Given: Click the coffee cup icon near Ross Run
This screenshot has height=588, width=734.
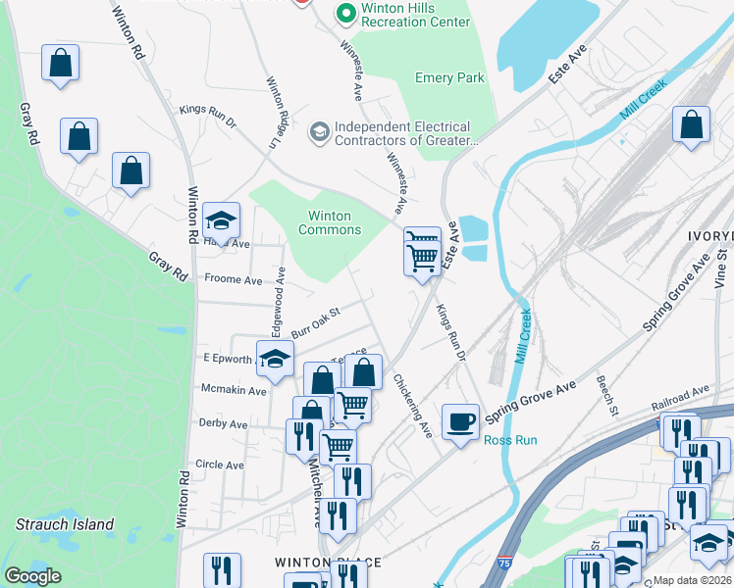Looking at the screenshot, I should tap(460, 422).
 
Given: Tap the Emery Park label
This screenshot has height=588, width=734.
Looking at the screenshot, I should tap(449, 77).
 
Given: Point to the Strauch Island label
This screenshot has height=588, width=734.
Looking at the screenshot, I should tap(65, 524).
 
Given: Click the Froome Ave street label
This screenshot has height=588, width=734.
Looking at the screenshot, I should tap(233, 279).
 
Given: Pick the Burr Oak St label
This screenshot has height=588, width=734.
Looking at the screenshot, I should tap(313, 319).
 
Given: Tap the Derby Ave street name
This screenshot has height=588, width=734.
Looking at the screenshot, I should tap(223, 424).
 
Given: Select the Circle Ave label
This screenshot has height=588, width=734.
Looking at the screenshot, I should tap(220, 465).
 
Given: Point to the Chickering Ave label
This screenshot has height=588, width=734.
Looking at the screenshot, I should tap(413, 405).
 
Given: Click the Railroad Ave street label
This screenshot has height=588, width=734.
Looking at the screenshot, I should tap(679, 398).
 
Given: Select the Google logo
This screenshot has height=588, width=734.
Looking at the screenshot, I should tap(32, 576).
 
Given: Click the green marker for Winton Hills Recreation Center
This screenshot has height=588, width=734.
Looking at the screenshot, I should tap(344, 14).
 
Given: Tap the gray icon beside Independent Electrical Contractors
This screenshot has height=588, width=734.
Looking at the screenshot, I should tap(319, 131).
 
